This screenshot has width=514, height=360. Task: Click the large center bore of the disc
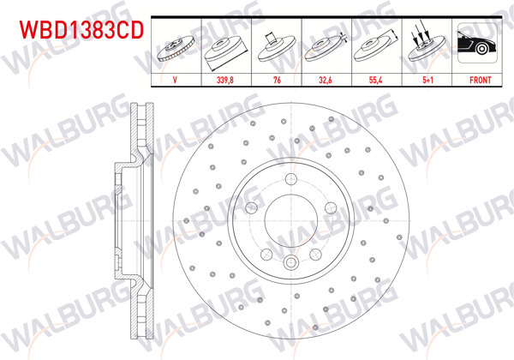(x=291, y=219)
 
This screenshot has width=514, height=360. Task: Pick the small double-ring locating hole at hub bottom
(x=291, y=264)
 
